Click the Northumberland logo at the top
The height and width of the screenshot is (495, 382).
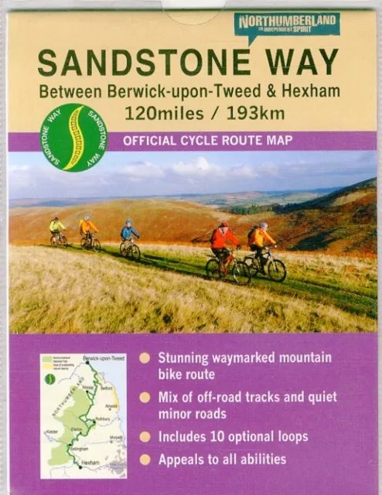287,25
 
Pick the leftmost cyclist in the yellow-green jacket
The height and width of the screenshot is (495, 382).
56,228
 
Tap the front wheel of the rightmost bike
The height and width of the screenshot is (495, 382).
276,270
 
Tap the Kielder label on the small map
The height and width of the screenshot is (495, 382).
53,425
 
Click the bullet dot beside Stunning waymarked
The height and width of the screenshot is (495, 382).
145,358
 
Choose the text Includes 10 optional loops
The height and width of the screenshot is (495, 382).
233,437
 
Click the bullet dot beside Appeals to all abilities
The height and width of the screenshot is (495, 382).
145,459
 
